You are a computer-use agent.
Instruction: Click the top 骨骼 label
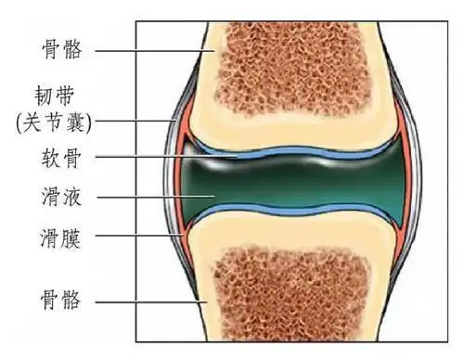[62, 49]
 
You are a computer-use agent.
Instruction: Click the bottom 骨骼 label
[62, 299]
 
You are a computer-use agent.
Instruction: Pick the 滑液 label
[62, 198]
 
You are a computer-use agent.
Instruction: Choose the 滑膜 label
[62, 237]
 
